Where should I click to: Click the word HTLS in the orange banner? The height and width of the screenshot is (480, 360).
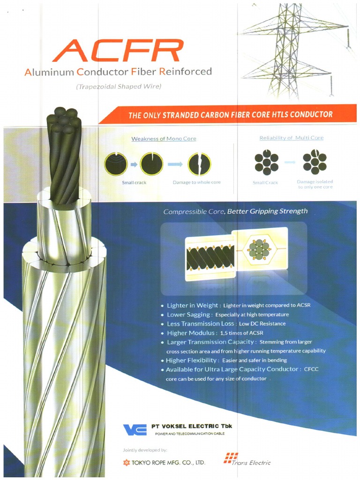pyautogui.click(x=285, y=114)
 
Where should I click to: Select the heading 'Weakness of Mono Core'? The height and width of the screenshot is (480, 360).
pyautogui.click(x=164, y=139)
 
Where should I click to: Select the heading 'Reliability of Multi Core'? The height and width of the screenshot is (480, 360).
pyautogui.click(x=291, y=138)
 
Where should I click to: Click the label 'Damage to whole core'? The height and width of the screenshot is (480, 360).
pyautogui.click(x=196, y=182)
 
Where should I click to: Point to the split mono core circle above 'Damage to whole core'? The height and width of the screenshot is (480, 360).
pyautogui.click(x=199, y=164)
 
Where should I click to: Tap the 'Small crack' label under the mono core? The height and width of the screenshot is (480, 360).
pyautogui.click(x=134, y=182)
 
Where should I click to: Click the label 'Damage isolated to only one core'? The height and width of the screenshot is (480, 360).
pyautogui.click(x=315, y=184)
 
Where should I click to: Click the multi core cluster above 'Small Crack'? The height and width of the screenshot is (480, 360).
pyautogui.click(x=266, y=162)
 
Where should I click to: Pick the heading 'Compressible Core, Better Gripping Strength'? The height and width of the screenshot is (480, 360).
pyautogui.click(x=235, y=211)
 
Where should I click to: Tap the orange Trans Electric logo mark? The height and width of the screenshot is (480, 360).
pyautogui.click(x=231, y=457)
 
